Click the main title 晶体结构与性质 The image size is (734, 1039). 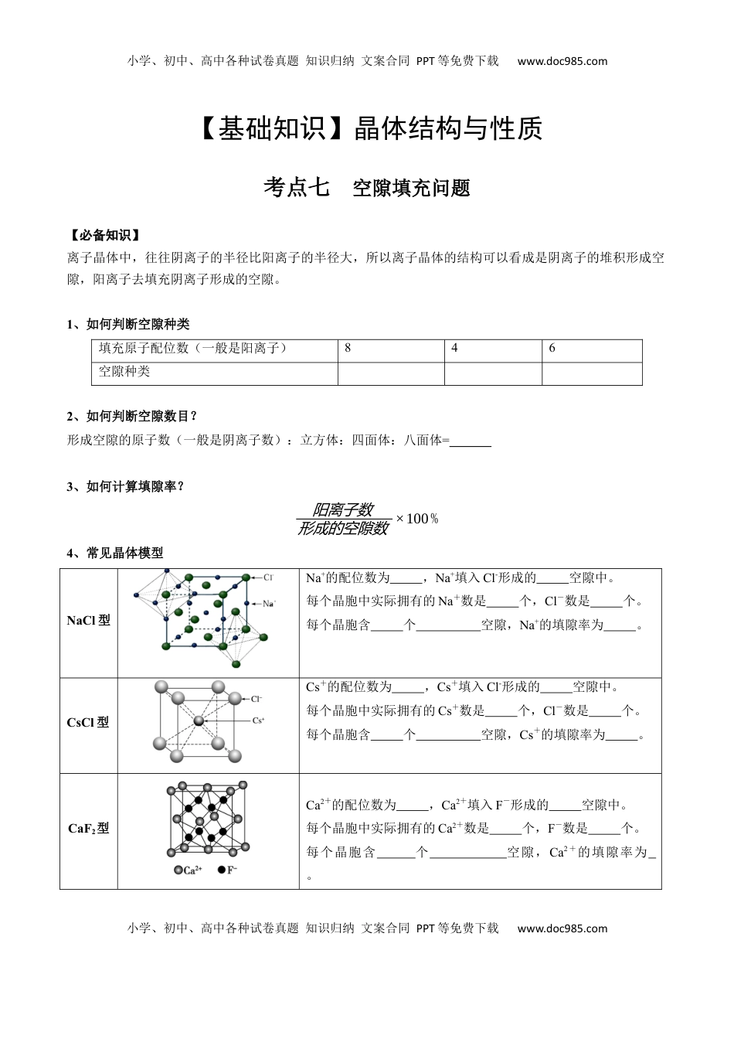[447, 129]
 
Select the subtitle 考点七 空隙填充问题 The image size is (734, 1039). [367, 188]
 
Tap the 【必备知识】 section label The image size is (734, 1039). [104, 235]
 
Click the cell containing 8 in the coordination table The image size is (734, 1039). [390, 349]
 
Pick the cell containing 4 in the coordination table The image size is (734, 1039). [492, 349]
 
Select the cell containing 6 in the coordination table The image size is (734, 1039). [591, 349]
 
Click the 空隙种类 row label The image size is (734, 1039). [124, 372]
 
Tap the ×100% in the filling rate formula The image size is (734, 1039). [417, 519]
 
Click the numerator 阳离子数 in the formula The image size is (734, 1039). [343, 509]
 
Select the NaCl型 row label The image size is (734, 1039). [88, 621]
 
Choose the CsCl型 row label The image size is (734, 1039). [88, 723]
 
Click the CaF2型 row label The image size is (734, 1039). [88, 829]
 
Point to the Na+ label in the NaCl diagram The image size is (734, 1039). [269, 604]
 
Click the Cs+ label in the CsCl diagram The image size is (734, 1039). [258, 720]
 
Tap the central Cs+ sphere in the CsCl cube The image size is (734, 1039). [199, 720]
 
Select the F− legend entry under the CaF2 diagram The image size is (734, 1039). [228, 870]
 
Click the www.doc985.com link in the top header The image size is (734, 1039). [562, 61]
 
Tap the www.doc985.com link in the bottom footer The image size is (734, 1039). [562, 928]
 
